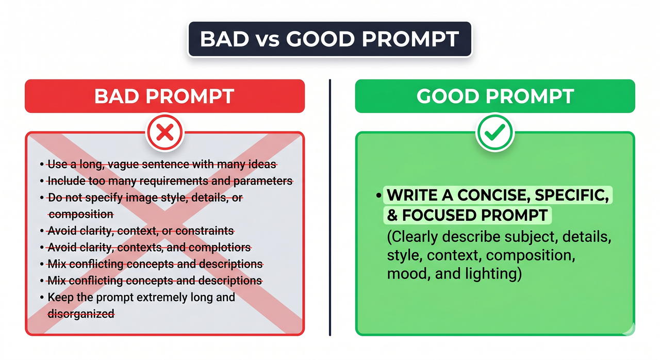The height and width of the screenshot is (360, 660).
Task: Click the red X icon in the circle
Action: point(164,134)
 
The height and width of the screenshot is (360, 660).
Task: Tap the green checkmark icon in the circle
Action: point(494,134)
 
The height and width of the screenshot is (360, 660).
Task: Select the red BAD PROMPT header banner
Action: point(164,96)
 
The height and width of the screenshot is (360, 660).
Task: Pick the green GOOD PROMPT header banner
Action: point(494,96)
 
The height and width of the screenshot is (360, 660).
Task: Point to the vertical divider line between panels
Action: point(329,206)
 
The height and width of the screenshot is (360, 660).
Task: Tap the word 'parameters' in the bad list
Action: point(263,181)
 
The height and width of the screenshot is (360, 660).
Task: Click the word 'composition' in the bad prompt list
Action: point(80,214)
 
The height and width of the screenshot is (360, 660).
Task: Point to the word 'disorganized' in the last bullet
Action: point(80,314)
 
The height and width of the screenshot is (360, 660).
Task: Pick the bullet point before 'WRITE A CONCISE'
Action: point(379,197)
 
